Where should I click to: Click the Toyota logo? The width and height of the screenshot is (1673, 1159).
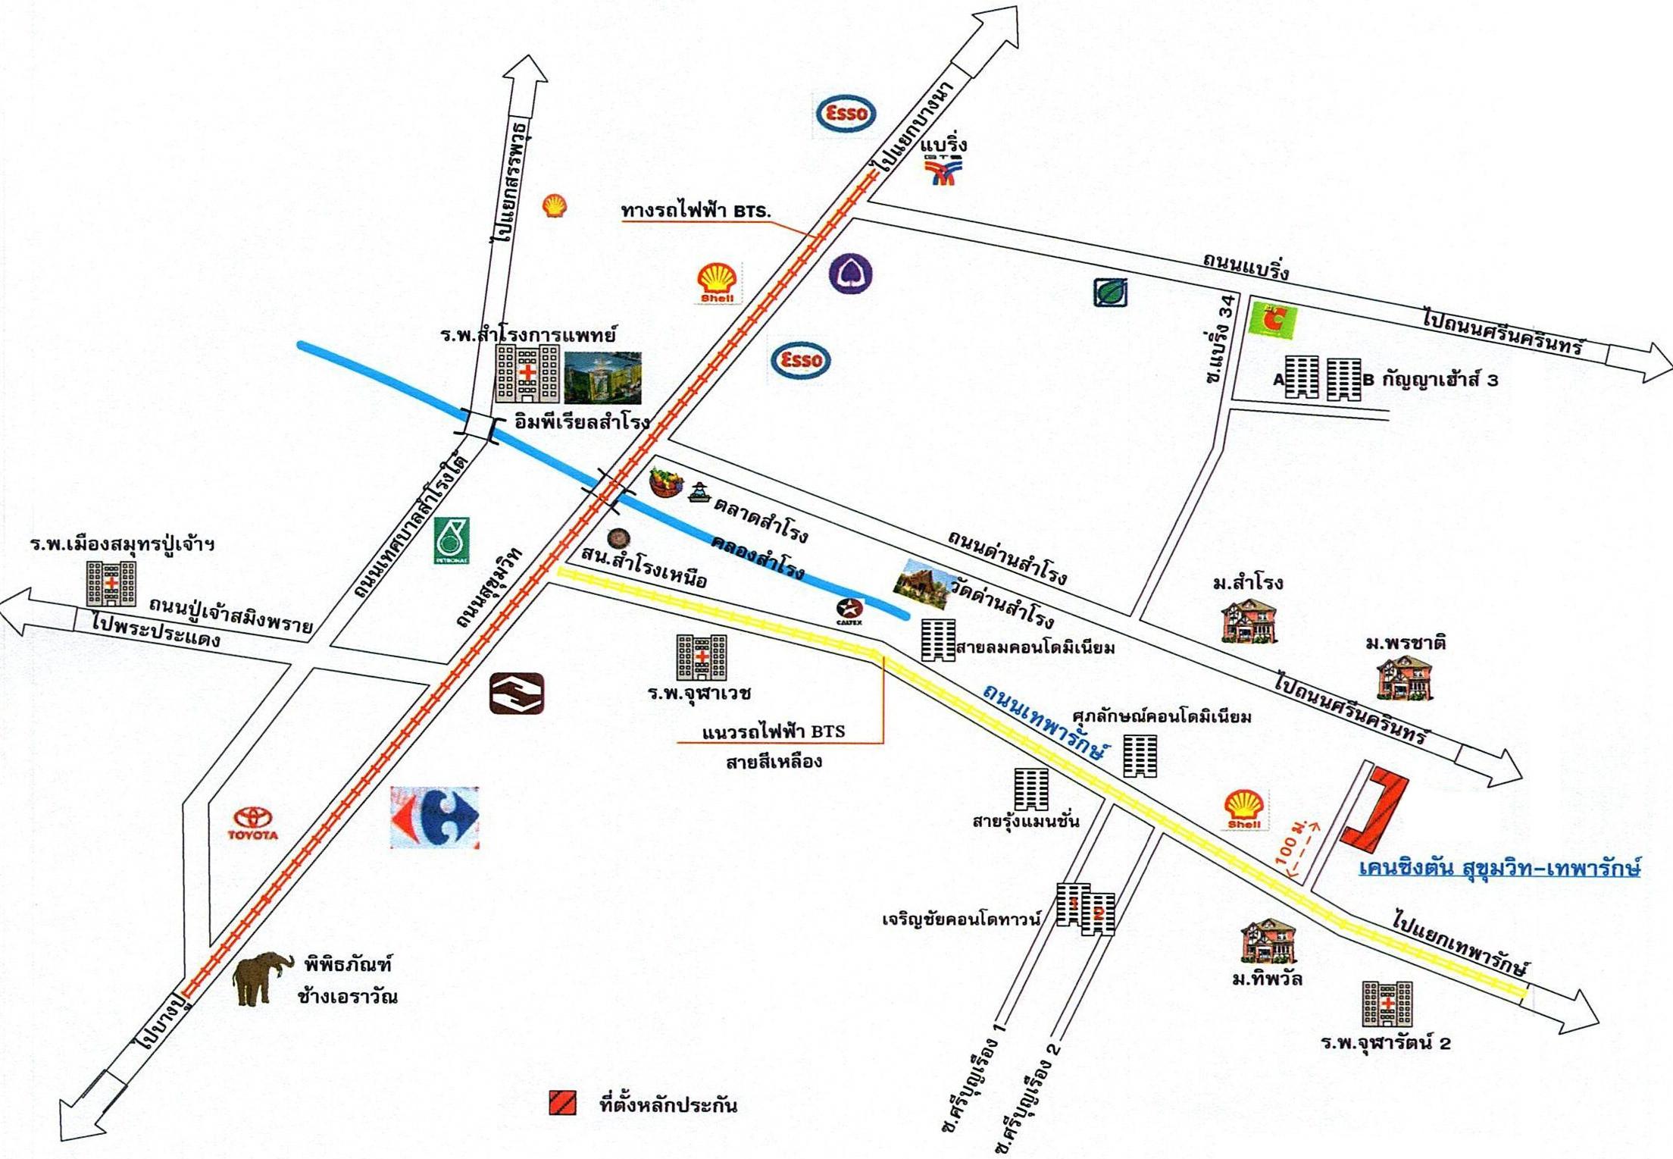[253, 822]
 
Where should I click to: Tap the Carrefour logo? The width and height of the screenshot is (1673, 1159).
[435, 817]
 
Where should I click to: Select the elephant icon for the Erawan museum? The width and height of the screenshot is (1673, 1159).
[262, 978]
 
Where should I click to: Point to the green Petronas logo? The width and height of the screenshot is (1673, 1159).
[452, 540]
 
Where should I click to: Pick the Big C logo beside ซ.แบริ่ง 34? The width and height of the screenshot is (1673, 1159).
[1274, 321]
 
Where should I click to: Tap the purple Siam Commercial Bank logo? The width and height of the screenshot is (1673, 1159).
[850, 274]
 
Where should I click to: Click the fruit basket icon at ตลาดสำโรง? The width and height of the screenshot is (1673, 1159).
[666, 482]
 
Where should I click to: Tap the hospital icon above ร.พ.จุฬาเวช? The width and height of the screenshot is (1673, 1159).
[702, 656]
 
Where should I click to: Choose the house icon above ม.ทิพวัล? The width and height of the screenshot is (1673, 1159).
[1268, 942]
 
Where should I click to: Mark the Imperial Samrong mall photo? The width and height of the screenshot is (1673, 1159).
[602, 377]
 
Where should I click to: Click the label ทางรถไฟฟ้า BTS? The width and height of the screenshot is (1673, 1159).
[696, 211]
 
